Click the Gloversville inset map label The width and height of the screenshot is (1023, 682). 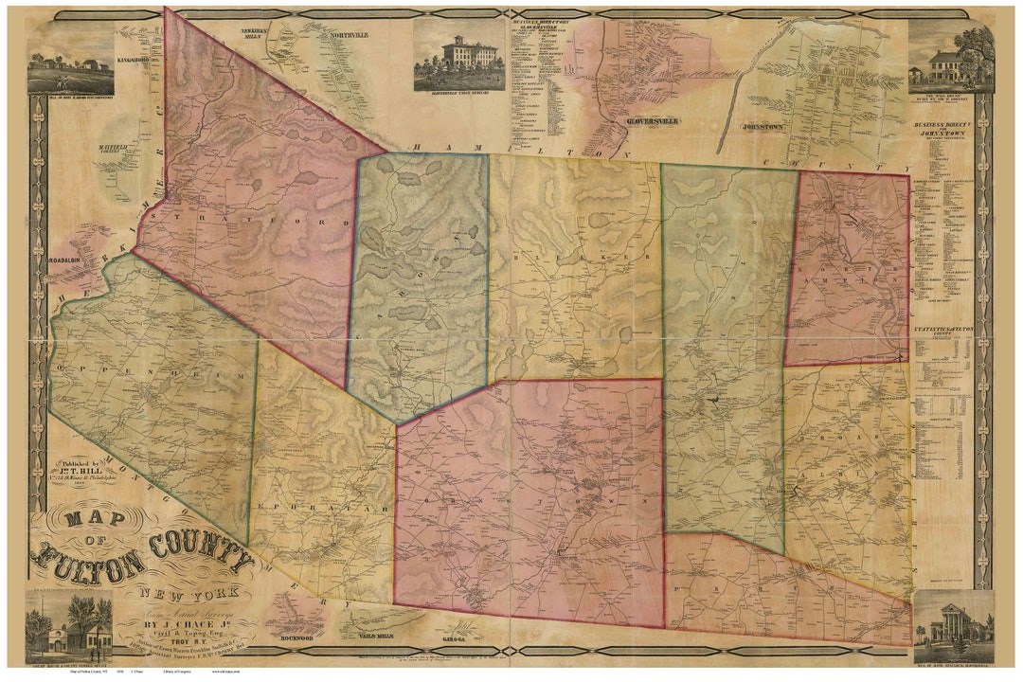[651, 123]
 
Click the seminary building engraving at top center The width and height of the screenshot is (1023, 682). [458, 55]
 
